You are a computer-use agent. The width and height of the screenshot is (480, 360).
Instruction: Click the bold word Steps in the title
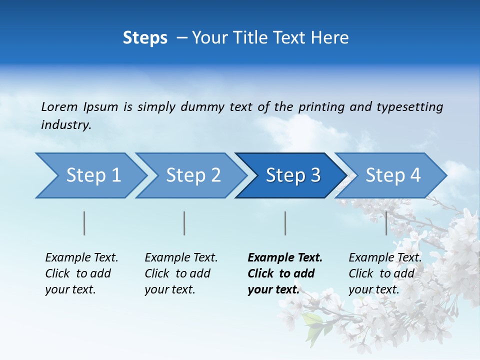[x=145, y=38]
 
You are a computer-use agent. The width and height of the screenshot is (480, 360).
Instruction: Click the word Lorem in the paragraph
[x=59, y=106]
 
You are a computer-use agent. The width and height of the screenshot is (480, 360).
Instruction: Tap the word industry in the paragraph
[x=66, y=124]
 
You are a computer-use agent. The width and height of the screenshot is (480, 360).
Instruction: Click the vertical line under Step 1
[x=84, y=223]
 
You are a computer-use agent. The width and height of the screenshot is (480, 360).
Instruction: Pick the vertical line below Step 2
[x=184, y=223]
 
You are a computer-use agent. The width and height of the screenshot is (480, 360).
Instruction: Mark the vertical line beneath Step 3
[x=285, y=223]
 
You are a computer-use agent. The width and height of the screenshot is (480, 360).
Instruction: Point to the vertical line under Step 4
[x=386, y=223]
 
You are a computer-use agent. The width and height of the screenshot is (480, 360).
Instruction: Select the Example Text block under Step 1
[x=81, y=273]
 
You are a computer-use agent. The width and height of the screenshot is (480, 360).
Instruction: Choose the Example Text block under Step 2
[x=181, y=273]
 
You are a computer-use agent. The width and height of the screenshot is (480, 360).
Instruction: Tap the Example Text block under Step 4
[x=385, y=273]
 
